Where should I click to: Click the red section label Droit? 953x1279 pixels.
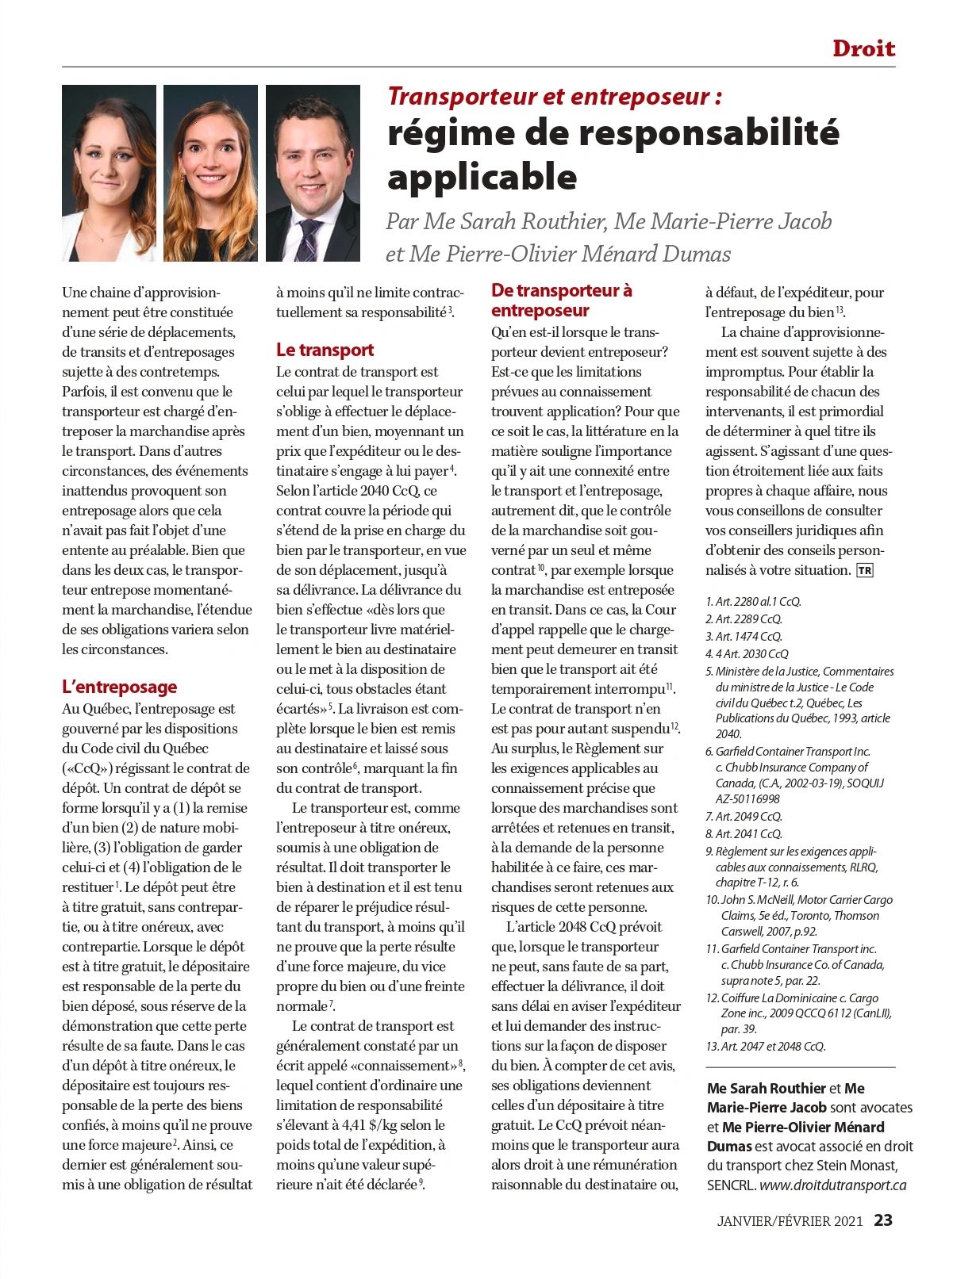[863, 48]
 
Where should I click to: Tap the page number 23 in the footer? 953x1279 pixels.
[883, 1220]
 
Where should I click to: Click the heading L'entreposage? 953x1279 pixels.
[119, 687]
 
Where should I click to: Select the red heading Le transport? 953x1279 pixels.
[325, 350]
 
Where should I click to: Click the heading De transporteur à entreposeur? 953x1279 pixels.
[561, 301]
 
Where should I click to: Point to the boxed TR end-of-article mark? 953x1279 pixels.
[864, 570]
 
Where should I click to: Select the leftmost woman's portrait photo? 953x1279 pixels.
[109, 173]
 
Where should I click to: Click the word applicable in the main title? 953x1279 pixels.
[482, 176]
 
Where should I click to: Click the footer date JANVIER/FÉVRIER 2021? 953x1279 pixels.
[789, 1221]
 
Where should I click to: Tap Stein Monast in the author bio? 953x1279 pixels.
[855, 1166]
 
